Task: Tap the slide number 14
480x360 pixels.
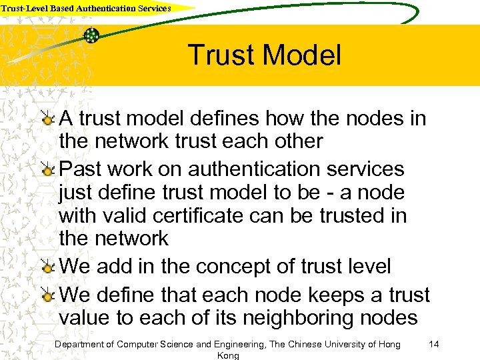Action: click(434, 344)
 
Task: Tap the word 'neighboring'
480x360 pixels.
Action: click(293, 317)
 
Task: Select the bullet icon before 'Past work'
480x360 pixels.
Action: click(49, 169)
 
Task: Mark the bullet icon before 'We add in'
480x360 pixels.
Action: click(49, 267)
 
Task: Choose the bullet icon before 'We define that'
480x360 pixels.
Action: click(49, 294)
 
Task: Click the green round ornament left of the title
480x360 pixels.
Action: click(92, 35)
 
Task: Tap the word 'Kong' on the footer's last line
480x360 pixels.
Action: click(228, 356)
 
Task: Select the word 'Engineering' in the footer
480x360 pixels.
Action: click(240, 344)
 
